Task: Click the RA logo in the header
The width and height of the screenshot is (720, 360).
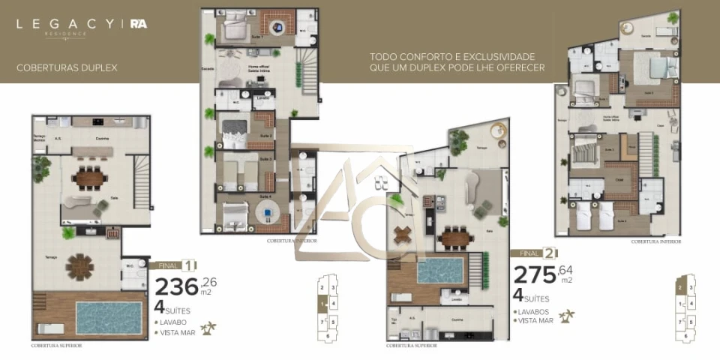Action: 138,23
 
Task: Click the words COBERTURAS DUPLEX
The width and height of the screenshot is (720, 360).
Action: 67,67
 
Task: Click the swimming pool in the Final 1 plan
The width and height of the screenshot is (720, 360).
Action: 109,317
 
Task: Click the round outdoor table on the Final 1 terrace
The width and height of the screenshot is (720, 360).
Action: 81,266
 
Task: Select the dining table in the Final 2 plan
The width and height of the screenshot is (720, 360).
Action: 455,238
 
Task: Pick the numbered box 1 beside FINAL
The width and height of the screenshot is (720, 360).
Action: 189,265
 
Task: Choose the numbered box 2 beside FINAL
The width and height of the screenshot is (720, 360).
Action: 550,253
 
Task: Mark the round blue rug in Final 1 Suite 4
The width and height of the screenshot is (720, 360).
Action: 266,214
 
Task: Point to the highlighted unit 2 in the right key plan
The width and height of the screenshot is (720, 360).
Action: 680,286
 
